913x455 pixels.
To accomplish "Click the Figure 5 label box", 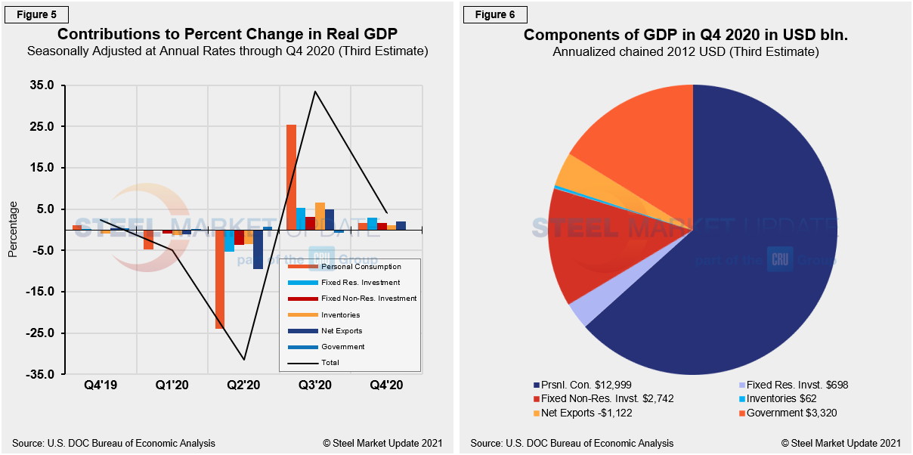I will (39, 14).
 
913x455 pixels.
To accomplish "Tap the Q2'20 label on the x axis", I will (244, 385).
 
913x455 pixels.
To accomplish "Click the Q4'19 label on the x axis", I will (101, 385).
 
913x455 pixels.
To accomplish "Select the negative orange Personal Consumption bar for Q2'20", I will (220, 279).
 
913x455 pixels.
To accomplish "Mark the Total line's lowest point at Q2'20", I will (244, 359).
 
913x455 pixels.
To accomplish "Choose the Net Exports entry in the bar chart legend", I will (342, 331).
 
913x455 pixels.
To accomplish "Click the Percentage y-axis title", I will (13, 229).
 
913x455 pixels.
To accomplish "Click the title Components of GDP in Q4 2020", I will (685, 36).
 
